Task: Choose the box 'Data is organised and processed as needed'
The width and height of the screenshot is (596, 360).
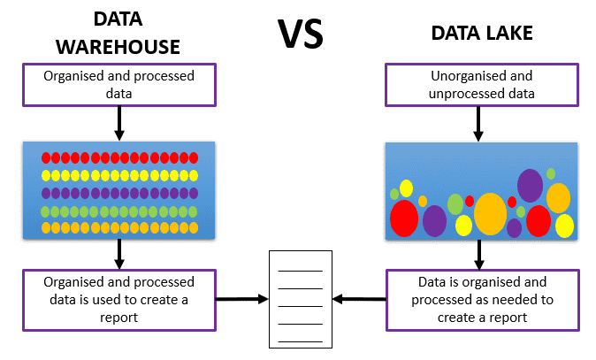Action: [x=482, y=299]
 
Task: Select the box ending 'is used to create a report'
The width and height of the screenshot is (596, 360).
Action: [x=119, y=299]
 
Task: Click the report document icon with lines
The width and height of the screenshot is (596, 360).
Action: [x=301, y=299]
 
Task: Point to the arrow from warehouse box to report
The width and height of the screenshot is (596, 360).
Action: [x=241, y=300]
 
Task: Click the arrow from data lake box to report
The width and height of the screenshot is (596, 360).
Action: [x=362, y=300]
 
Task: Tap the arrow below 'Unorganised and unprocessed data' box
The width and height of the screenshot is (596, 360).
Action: [x=479, y=124]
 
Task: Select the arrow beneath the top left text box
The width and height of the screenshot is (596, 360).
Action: [x=119, y=124]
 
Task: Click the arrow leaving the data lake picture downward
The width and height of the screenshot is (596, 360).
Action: [x=479, y=255]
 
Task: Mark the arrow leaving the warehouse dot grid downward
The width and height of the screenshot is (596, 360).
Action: [x=119, y=254]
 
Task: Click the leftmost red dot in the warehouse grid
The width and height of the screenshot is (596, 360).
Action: [x=46, y=157]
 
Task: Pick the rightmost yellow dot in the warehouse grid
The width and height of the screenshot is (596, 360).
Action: [x=193, y=175]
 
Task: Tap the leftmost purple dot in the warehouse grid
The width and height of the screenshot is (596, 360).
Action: [x=46, y=193]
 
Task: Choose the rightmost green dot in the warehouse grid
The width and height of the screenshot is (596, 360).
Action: [x=193, y=211]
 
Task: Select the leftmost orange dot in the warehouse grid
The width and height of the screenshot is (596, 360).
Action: [x=46, y=227]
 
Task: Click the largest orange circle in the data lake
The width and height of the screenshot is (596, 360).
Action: [x=490, y=213]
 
